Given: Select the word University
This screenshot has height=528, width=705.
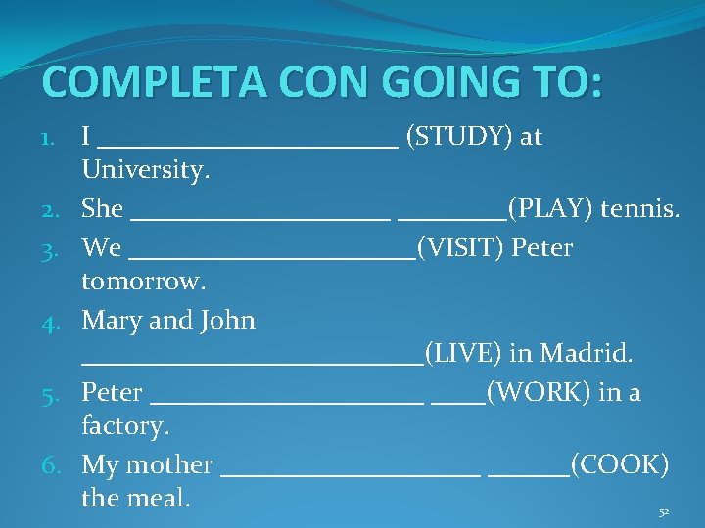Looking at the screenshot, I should [146, 171].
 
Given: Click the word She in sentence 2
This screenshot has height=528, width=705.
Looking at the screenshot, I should [103, 208].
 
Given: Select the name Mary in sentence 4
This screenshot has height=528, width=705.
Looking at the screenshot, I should [110, 321].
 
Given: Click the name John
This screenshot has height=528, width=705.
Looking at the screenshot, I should [227, 321].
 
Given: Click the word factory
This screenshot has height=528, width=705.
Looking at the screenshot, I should [126, 427].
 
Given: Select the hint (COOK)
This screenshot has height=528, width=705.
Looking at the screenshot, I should [619, 464].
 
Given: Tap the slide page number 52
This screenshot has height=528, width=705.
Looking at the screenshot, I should [664, 512].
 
